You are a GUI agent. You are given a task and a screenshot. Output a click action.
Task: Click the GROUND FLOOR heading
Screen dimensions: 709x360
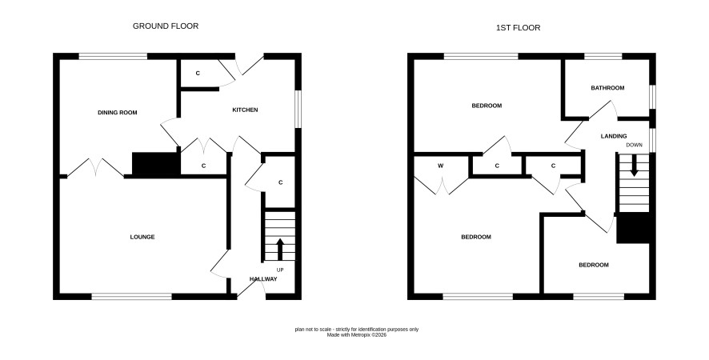(166, 26)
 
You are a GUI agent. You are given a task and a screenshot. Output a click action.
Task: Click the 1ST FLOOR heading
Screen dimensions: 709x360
(519, 28)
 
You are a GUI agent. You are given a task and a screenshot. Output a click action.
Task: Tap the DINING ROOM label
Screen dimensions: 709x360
(117, 113)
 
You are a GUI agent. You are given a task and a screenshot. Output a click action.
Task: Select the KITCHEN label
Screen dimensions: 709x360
(245, 110)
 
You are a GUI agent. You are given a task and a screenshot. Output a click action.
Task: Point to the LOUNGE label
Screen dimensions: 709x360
(142, 237)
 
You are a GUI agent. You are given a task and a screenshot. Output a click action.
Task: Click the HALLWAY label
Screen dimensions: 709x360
(263, 279)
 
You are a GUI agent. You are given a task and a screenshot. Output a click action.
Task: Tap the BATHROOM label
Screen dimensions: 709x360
(607, 88)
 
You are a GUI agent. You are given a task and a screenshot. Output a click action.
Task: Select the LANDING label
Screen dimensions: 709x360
(614, 136)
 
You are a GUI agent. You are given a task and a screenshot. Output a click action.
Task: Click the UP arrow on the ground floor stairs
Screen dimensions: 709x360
(280, 249)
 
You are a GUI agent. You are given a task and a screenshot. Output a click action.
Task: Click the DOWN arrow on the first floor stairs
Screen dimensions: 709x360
(634, 166)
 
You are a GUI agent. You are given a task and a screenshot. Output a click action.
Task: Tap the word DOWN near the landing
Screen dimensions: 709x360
(634, 145)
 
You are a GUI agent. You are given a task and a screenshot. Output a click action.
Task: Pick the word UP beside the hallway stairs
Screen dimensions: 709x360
(280, 270)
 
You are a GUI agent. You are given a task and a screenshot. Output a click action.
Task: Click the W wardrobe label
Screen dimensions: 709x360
(440, 166)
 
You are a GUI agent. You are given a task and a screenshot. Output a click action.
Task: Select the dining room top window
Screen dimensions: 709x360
(113, 57)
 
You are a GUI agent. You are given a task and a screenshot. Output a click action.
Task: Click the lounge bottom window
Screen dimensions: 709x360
(131, 297)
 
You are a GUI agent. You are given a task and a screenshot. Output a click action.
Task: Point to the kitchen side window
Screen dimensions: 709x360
(298, 109)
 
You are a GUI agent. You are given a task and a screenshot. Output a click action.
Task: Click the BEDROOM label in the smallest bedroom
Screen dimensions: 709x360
(594, 265)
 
